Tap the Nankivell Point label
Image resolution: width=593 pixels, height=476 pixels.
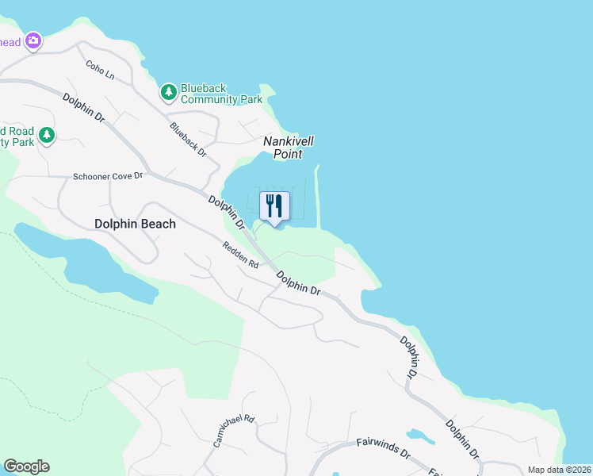(x=289, y=148)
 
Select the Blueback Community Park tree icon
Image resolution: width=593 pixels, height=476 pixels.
(x=168, y=93)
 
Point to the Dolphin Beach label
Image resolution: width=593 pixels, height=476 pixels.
(x=135, y=224)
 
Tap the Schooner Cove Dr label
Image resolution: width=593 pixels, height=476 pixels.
(x=107, y=176)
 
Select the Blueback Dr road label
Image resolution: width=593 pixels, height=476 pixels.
(x=188, y=140)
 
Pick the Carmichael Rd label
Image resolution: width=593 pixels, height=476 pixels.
(x=233, y=432)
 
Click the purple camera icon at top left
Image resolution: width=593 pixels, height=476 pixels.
(x=33, y=40)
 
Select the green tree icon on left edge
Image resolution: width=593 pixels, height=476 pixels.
(x=47, y=136)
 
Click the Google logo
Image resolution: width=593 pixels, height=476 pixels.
(x=26, y=466)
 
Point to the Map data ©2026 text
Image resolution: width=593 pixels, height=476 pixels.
(x=558, y=470)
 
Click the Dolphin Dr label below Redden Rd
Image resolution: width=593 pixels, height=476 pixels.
(x=298, y=283)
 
